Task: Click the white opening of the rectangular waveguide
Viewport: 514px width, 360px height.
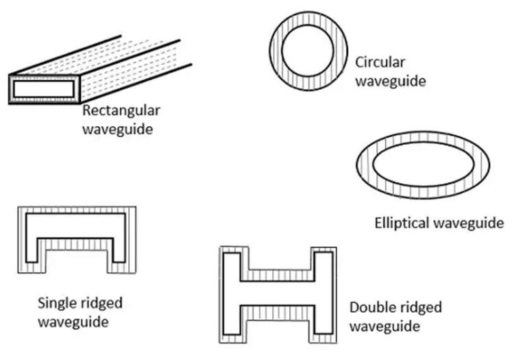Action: [43, 88]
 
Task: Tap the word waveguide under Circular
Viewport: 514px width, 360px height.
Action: [391, 81]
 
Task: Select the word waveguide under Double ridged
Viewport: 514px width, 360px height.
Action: [384, 325]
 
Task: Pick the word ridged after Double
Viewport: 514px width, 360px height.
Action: [419, 307]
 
